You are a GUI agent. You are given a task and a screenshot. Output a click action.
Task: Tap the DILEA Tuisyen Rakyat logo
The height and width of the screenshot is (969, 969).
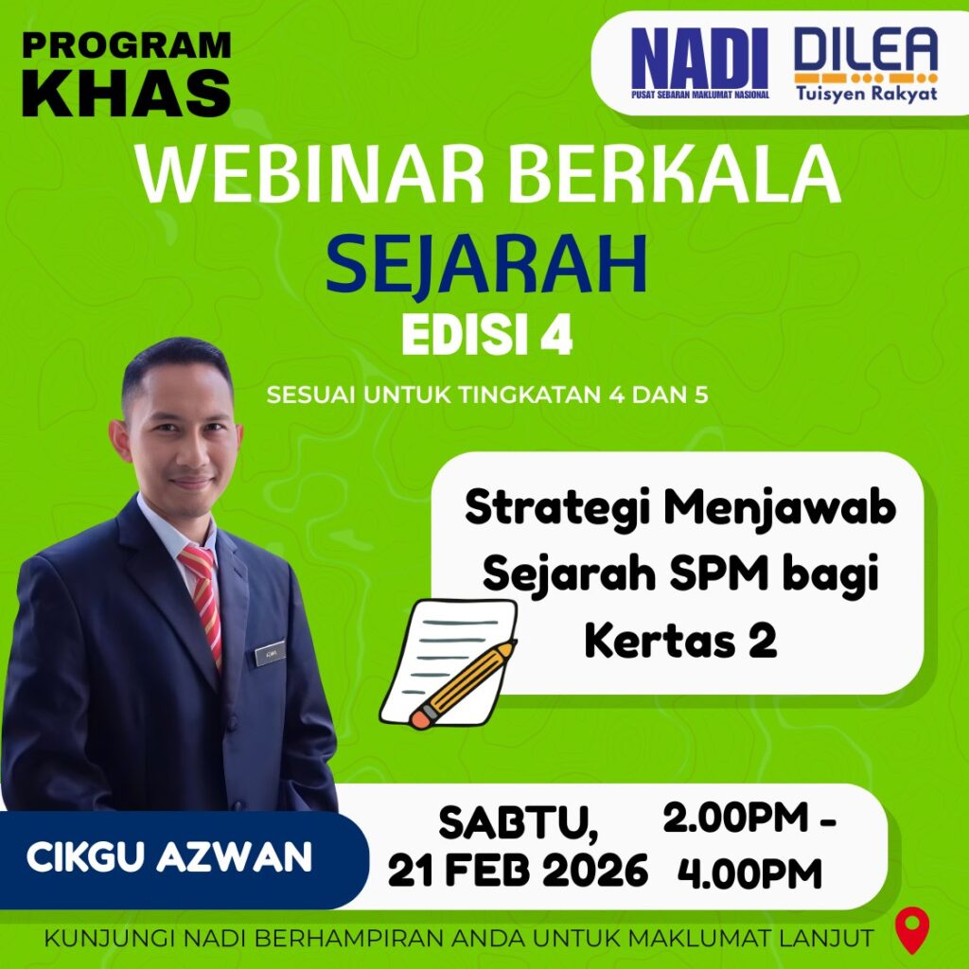(x=866, y=64)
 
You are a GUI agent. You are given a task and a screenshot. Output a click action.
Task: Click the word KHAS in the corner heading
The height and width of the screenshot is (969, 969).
(x=126, y=93)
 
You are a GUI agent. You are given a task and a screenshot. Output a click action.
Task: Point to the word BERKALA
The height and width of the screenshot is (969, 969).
(x=674, y=174)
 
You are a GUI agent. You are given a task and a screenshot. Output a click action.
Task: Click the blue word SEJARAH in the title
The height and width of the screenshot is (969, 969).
(x=486, y=263)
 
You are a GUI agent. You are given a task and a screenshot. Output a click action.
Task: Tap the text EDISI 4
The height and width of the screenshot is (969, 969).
(x=487, y=337)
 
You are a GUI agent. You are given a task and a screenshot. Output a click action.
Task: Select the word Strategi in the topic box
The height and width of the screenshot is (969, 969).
(x=556, y=509)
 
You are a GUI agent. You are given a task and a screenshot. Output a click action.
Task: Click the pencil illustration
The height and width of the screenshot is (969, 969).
(x=462, y=684)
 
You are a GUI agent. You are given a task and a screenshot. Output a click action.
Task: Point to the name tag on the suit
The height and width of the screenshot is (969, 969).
(x=270, y=653)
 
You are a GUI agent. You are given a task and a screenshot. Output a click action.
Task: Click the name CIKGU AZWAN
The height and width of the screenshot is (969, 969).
(x=168, y=857)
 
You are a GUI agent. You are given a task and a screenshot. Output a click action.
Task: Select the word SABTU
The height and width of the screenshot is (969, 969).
(x=519, y=823)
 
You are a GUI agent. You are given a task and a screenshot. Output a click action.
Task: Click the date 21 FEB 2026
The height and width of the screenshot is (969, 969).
(x=518, y=871)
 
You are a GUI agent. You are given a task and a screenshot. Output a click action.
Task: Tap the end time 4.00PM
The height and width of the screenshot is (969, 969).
(x=749, y=874)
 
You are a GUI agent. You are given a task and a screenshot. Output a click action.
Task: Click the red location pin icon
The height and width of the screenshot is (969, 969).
(x=912, y=930)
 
